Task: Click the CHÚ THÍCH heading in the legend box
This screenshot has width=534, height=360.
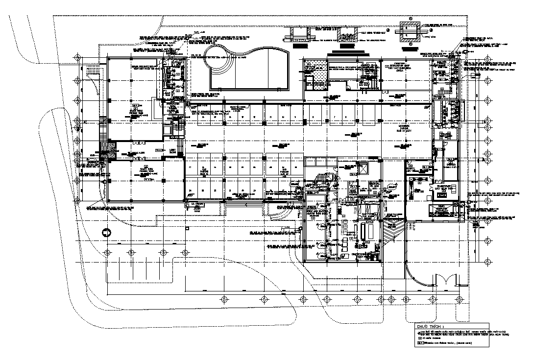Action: (x=431, y=326)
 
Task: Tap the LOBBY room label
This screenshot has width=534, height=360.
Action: (x=172, y=152)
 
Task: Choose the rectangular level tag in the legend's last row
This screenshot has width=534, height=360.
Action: (x=420, y=343)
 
